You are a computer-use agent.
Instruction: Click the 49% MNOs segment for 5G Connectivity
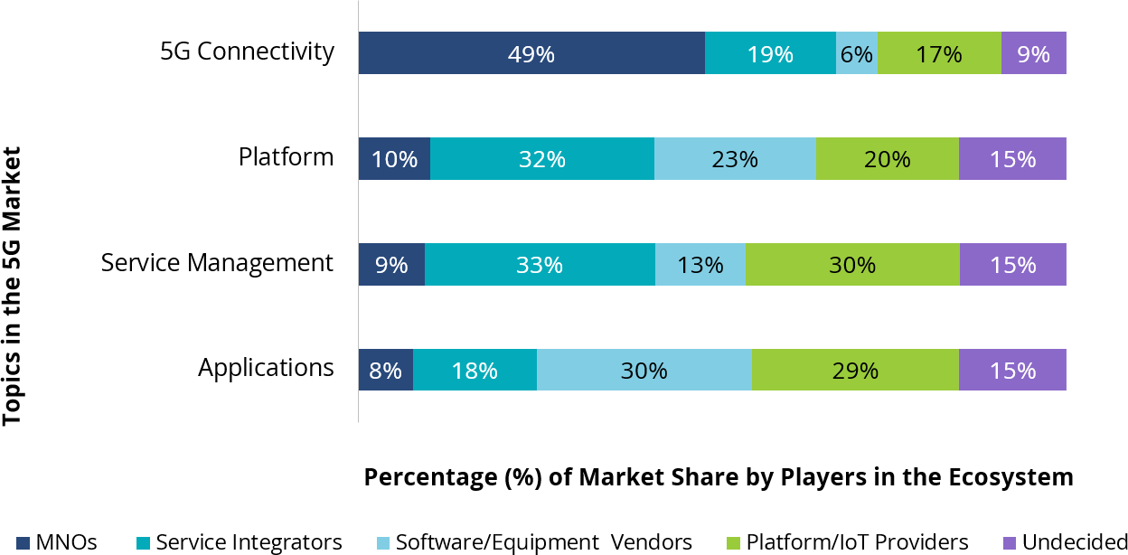[x=531, y=53]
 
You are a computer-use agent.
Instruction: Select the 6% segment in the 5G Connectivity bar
[x=857, y=53]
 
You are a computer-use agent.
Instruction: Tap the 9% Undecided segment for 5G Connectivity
[x=1033, y=53]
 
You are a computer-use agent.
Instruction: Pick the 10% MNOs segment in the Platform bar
[x=394, y=159]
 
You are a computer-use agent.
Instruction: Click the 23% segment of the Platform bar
[x=735, y=159]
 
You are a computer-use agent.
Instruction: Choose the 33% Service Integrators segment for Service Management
[x=540, y=265]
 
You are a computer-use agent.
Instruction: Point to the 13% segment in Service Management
[x=700, y=265]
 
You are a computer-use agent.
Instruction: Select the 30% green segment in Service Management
[x=852, y=265]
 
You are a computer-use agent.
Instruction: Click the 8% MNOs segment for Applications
[x=386, y=370]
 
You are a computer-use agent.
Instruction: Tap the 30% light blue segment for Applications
[x=644, y=370]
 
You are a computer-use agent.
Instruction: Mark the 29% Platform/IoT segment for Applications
[x=855, y=370]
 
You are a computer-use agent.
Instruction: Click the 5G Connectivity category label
[x=247, y=52]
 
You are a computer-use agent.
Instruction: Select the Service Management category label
[x=217, y=263]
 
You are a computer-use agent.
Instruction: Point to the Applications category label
[x=266, y=368]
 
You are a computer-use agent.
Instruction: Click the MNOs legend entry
[x=56, y=542]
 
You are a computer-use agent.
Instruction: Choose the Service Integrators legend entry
[x=240, y=542]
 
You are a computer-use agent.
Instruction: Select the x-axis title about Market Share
[x=719, y=477]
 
